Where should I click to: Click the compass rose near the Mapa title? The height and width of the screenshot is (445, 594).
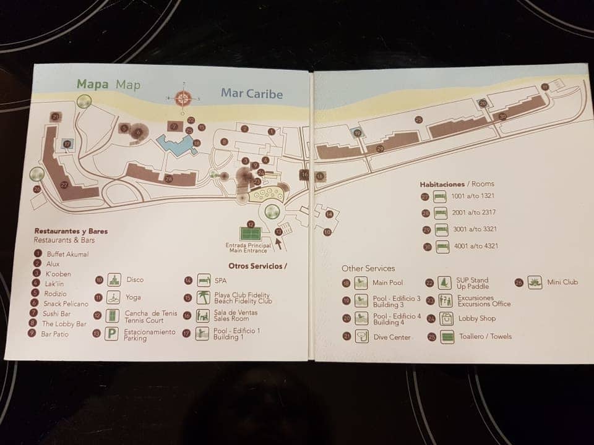(183, 97)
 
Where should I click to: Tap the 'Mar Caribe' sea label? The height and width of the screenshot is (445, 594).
(251, 94)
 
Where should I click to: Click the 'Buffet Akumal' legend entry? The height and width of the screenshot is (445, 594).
(67, 254)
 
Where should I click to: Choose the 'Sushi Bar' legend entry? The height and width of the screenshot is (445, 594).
(57, 314)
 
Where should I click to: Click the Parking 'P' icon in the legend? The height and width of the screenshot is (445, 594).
(111, 334)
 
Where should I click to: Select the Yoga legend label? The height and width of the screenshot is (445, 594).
(133, 297)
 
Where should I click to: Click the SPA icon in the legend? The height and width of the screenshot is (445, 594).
(204, 281)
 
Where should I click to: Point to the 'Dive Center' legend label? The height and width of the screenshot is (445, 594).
(391, 337)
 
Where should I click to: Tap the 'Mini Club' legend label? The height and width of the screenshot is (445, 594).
(562, 282)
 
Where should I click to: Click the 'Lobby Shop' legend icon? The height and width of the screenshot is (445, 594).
(445, 319)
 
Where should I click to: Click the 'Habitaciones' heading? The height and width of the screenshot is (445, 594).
(442, 184)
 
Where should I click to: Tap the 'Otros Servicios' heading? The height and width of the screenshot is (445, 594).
(257, 266)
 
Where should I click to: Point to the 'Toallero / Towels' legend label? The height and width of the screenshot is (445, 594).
(484, 337)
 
